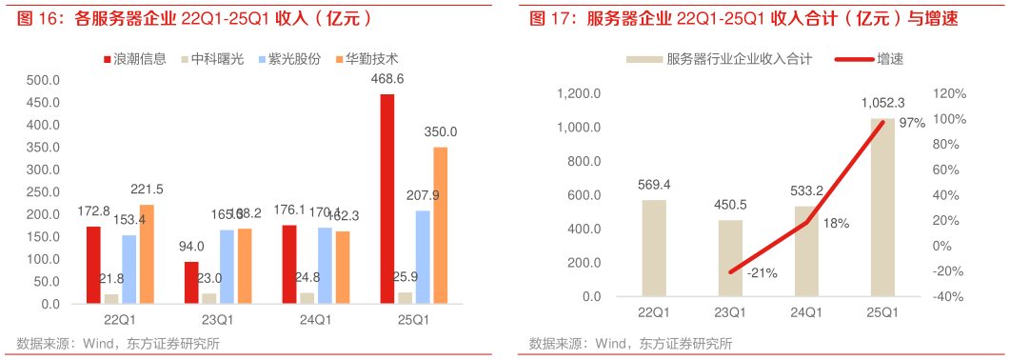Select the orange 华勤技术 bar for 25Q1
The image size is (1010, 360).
(x=440, y=225)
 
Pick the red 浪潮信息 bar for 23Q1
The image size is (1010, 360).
(x=191, y=283)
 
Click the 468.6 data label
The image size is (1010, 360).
(x=387, y=79)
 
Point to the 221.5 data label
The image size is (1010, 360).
(x=147, y=189)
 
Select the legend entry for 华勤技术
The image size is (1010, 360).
(x=372, y=59)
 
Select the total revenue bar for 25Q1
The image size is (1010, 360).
(x=882, y=208)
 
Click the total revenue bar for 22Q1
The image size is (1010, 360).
(x=654, y=248)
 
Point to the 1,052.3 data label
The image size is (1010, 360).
(x=882, y=103)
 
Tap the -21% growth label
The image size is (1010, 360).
(x=762, y=273)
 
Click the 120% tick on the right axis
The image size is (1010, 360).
(x=952, y=94)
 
